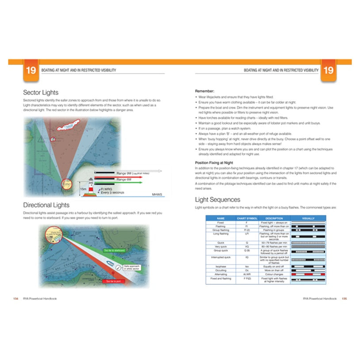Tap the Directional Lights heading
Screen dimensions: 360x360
tap(46, 205)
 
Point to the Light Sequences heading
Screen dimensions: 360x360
tap(218, 199)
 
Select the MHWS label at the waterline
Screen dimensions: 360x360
tap(157, 195)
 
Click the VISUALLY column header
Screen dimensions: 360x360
tap(308, 218)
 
